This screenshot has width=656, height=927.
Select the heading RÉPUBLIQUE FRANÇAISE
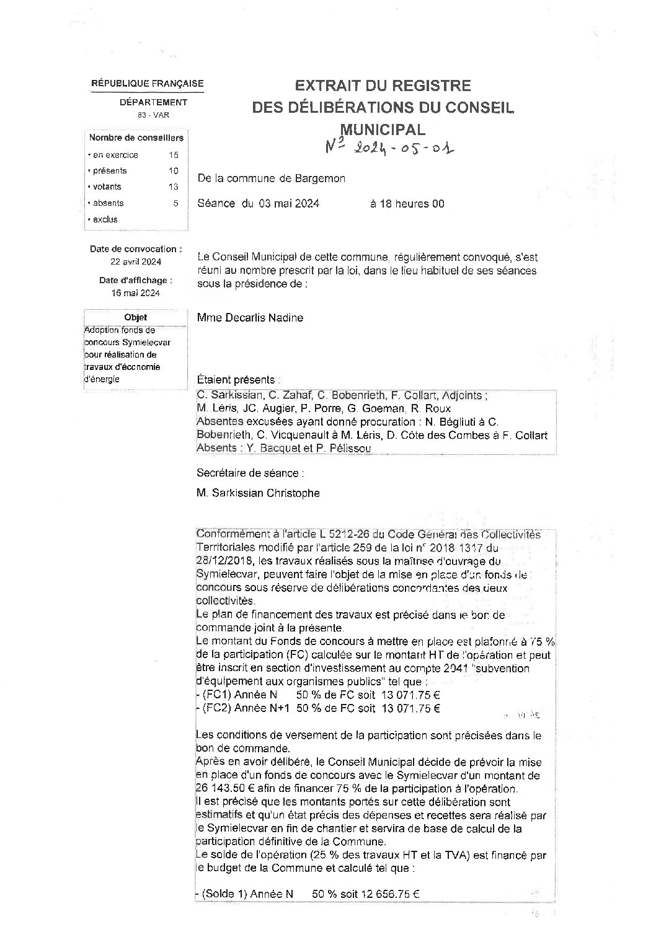tap(147, 84)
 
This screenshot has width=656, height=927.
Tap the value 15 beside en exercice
tap(173, 155)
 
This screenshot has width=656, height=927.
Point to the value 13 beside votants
tap(173, 187)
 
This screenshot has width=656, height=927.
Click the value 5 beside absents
tap(175, 203)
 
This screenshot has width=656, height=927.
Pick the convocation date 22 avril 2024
tap(136, 261)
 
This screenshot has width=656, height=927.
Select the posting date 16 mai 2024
tap(136, 293)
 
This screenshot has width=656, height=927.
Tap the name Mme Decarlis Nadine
tap(249, 318)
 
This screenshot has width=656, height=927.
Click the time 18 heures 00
tap(407, 203)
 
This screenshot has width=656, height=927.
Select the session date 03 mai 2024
tap(289, 203)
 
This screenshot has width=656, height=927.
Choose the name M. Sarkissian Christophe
tap(258, 493)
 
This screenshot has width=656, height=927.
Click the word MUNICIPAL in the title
tap(383, 130)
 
